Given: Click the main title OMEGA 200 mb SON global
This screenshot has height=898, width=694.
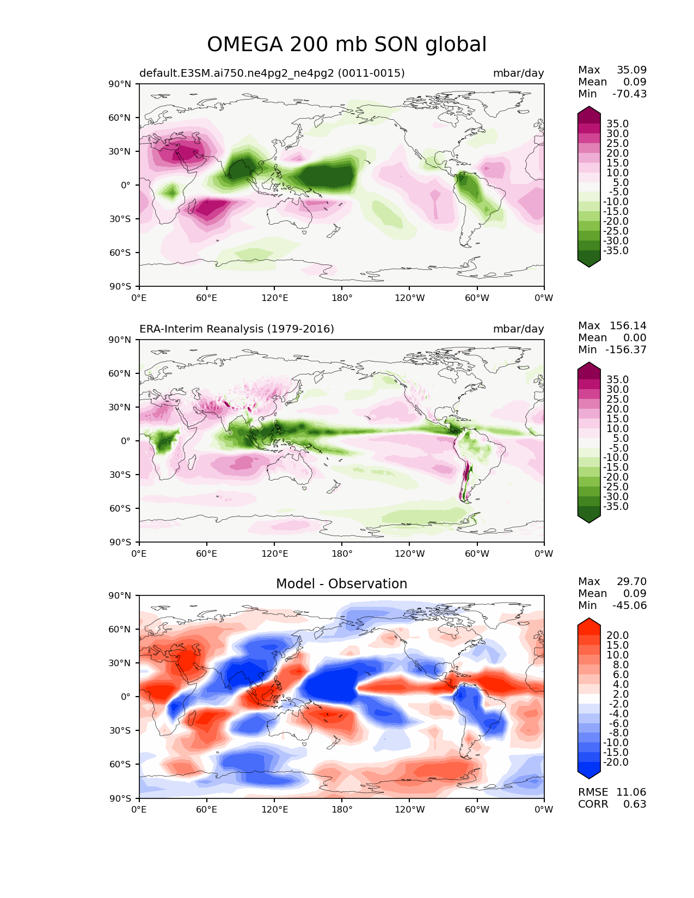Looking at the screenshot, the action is tap(346, 44).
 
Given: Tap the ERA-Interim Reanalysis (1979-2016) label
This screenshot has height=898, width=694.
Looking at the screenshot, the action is tap(236, 329).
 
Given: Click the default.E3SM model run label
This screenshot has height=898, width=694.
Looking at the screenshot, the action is tap(272, 73).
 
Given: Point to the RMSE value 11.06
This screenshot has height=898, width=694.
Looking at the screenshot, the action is tap(631, 792).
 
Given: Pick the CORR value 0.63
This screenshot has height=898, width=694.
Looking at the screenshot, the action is tap(635, 804).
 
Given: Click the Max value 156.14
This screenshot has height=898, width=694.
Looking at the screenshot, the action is tap(628, 325).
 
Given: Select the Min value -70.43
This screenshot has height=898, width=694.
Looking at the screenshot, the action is tap(629, 94).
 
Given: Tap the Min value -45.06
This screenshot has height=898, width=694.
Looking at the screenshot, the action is tap(629, 605).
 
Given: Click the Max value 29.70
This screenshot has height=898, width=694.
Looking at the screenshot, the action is tap(631, 581).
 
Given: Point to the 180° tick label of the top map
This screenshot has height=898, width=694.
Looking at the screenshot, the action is tap(342, 298).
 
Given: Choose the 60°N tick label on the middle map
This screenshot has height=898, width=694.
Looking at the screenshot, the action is tap(119, 373).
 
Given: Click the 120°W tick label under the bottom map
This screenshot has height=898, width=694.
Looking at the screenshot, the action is tap(409, 809).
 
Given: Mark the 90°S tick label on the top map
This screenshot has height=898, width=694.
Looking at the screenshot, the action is tap(120, 286).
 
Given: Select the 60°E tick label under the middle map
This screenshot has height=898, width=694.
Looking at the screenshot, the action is tap(206, 553).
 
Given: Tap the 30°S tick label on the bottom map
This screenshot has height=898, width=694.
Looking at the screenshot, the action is tap(120, 730).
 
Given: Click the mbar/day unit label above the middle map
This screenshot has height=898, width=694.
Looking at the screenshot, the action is tap(518, 329).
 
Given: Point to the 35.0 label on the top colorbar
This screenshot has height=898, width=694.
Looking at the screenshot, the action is tap(618, 124).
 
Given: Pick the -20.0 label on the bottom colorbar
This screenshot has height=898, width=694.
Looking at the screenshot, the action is tap(616, 762).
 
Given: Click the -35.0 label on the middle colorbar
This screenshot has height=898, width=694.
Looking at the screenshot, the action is tap(616, 506).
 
